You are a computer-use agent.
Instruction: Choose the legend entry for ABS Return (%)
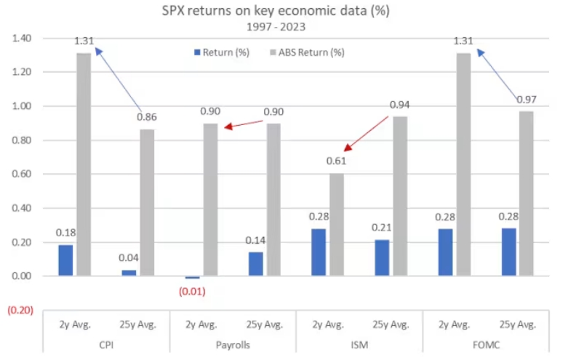click(305, 52)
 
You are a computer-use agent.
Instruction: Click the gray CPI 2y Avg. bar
click(84, 164)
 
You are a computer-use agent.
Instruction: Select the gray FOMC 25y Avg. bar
click(527, 193)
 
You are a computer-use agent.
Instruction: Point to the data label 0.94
click(400, 105)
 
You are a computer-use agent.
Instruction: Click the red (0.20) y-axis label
click(19, 311)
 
